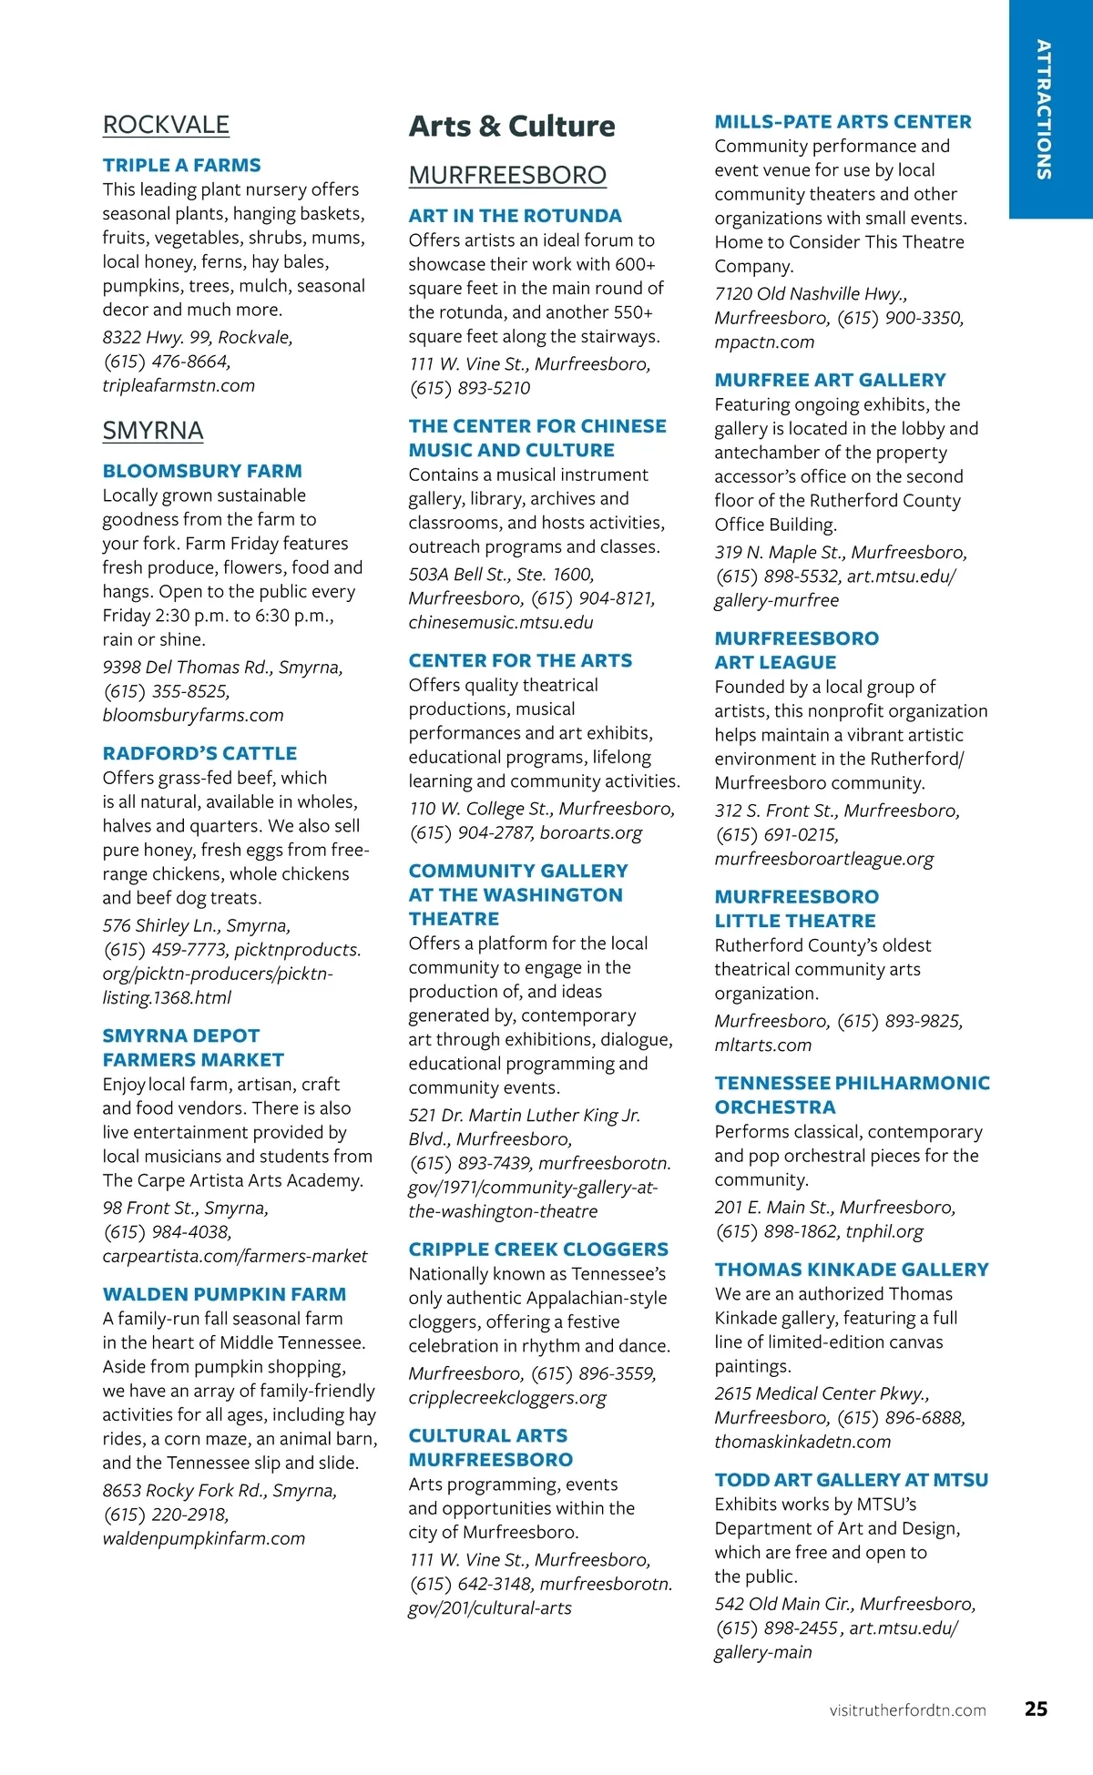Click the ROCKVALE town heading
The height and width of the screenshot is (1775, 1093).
[166, 125]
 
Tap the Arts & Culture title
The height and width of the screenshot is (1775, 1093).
[512, 126]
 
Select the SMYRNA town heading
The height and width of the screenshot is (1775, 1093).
[153, 431]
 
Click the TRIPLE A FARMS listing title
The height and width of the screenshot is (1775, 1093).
[181, 166]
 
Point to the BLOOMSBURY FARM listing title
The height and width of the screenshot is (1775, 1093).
[202, 472]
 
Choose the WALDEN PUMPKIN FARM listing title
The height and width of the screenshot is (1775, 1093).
[224, 1294]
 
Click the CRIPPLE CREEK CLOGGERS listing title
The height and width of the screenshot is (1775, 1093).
[538, 1250]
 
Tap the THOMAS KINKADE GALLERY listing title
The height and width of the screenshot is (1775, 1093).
[851, 1270]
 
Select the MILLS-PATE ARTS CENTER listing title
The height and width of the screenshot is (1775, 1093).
[843, 122]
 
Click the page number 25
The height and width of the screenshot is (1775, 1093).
[1036, 1709]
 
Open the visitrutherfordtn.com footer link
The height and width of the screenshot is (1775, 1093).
[907, 1710]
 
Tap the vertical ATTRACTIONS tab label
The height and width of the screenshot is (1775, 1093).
[1044, 109]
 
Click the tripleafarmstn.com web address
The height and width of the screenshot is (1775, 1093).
[179, 385]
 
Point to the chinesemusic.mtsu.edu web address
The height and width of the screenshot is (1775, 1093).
[500, 623]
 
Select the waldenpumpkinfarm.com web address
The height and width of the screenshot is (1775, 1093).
[203, 1538]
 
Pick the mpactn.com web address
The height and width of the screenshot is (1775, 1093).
[764, 342]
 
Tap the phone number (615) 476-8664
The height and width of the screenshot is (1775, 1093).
[167, 362]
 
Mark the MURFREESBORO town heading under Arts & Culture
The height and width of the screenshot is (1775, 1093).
[507, 175]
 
